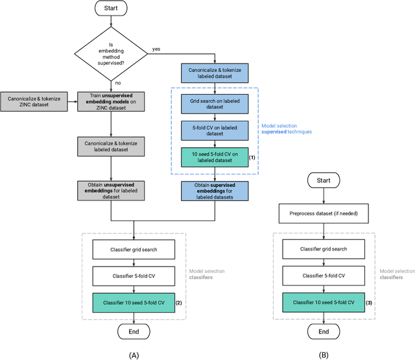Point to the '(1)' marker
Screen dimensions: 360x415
(253, 158)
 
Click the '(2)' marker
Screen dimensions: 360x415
(179, 302)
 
